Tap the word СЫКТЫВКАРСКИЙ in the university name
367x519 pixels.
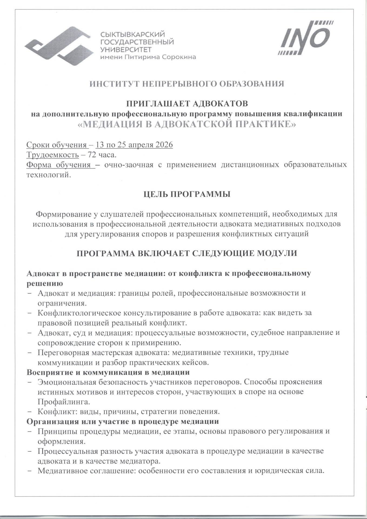coord(132,35)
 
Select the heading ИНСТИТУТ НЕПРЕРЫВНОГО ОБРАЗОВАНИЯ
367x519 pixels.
coord(187,84)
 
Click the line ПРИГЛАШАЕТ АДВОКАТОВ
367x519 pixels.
coord(187,103)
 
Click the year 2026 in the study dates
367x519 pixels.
coord(164,145)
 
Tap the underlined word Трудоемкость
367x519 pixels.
coord(53,155)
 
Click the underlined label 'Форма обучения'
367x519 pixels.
coord(60,165)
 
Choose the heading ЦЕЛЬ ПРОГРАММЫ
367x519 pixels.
coord(187,194)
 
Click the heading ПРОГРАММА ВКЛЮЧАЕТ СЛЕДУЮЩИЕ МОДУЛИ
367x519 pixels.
coord(187,253)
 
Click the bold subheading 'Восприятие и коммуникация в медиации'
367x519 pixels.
coord(108,372)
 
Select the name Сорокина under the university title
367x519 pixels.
coord(179,57)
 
